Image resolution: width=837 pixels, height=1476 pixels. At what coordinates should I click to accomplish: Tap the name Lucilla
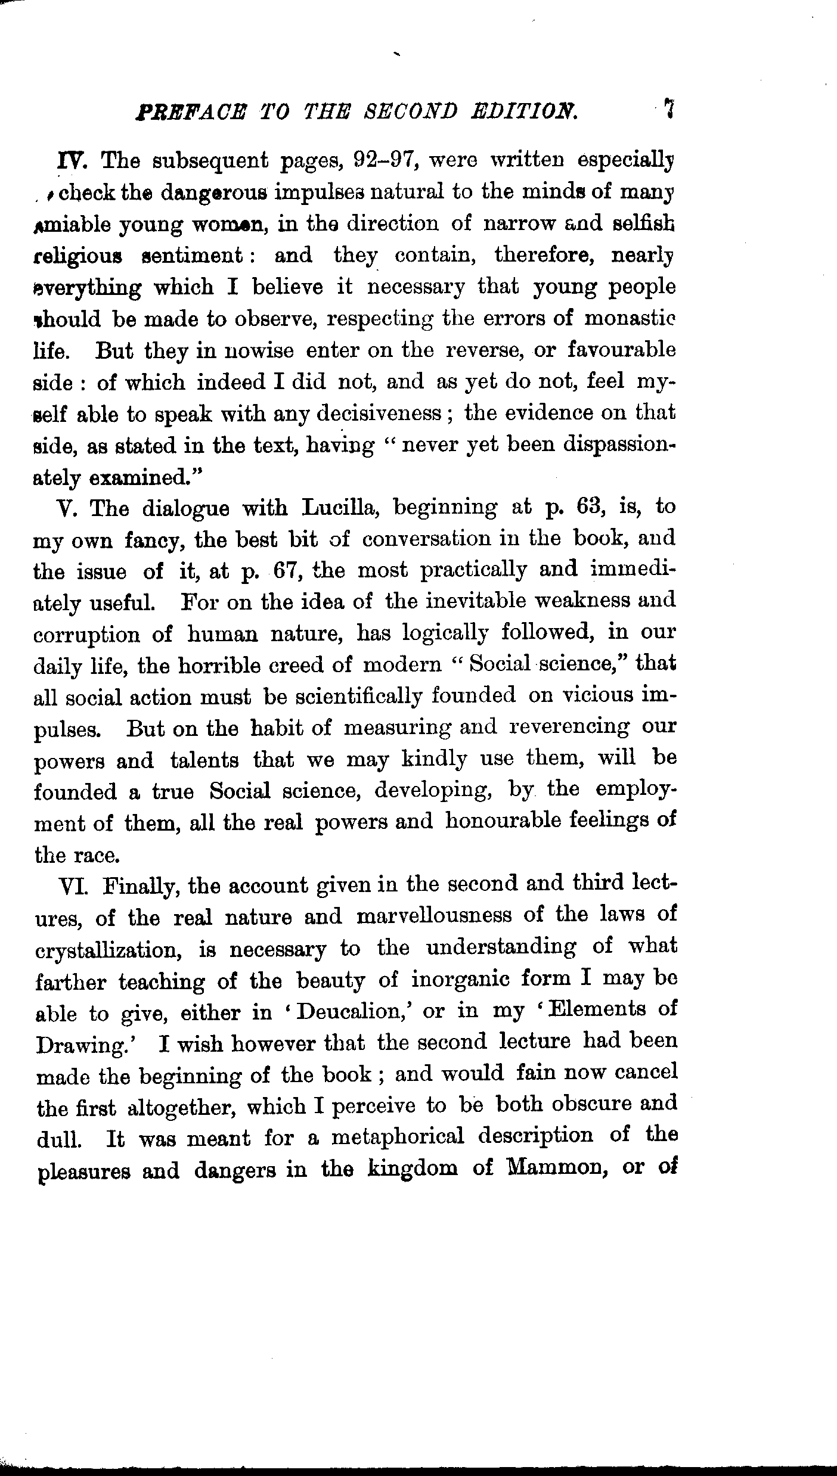pyautogui.click(x=339, y=508)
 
